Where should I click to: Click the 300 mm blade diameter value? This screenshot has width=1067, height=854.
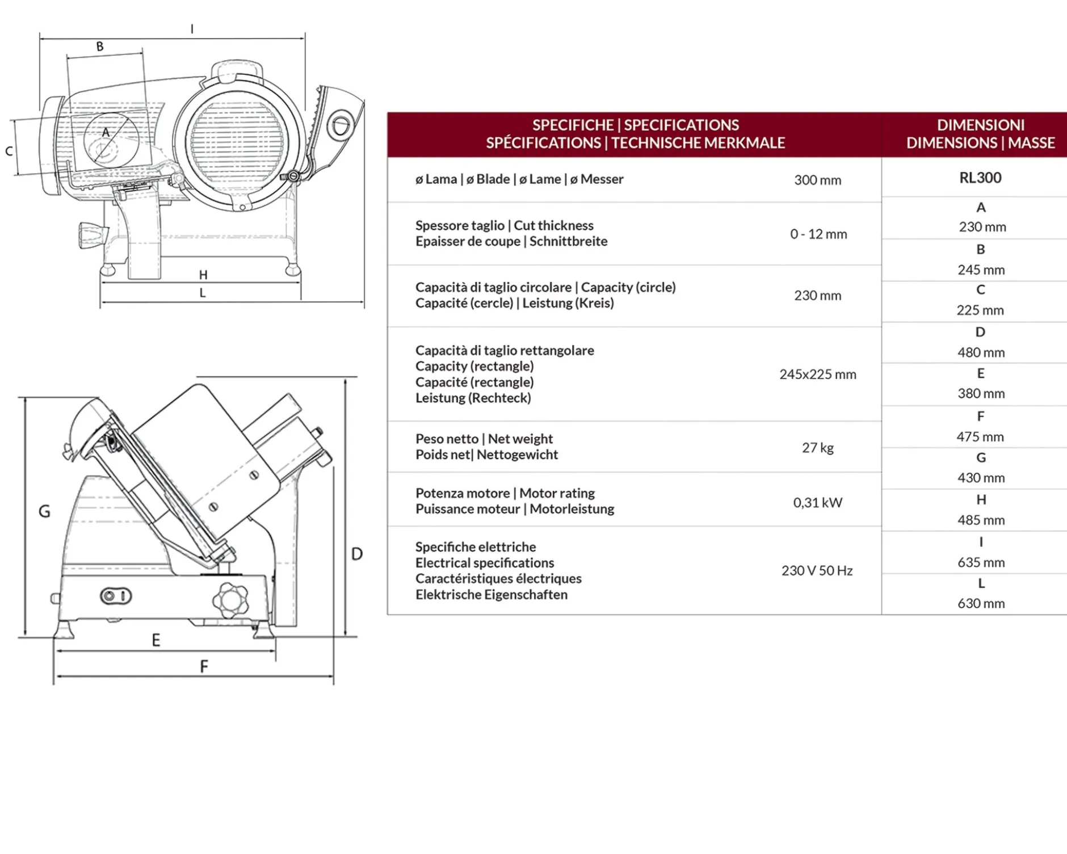click(x=817, y=180)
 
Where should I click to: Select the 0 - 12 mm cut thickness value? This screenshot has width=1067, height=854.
click(x=818, y=234)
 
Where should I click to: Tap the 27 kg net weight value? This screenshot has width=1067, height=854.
click(x=818, y=448)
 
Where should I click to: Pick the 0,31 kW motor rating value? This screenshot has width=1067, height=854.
click(x=817, y=503)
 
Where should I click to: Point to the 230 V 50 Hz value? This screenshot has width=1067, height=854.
click(x=817, y=571)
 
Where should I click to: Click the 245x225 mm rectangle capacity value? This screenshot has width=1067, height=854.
click(x=817, y=375)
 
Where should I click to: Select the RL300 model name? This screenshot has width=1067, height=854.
click(x=980, y=178)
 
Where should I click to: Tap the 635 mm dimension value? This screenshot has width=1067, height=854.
click(x=981, y=562)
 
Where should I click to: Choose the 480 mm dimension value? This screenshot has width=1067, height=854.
click(x=981, y=352)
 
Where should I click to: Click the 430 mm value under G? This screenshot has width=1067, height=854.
click(x=981, y=478)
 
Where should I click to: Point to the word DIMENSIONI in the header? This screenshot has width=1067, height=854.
click(x=981, y=125)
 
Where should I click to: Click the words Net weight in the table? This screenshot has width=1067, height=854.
click(x=520, y=439)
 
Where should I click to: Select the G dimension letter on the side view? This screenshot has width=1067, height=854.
click(x=44, y=511)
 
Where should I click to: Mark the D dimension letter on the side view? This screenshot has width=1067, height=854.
click(x=357, y=554)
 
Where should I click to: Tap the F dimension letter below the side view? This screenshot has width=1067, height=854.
click(x=204, y=666)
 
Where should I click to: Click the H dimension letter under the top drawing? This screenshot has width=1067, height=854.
click(x=203, y=275)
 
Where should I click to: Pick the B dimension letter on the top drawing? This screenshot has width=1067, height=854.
click(x=100, y=47)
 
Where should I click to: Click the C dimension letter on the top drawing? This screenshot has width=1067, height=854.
click(x=9, y=152)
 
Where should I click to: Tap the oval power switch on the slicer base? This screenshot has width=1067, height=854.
click(x=116, y=596)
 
